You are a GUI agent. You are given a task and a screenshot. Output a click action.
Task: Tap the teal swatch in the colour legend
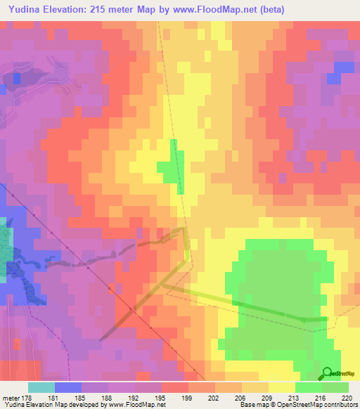tap(41, 387)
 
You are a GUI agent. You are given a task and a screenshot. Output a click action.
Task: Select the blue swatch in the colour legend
tap(68, 387)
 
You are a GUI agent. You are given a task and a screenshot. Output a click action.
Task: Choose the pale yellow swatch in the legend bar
tap(282, 387)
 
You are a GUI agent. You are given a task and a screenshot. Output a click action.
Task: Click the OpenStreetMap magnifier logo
tap(328, 373)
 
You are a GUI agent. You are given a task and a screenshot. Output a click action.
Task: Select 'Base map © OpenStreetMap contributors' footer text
tap(297, 405)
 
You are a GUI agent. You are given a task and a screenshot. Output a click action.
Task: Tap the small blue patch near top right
tap(343, 68)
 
